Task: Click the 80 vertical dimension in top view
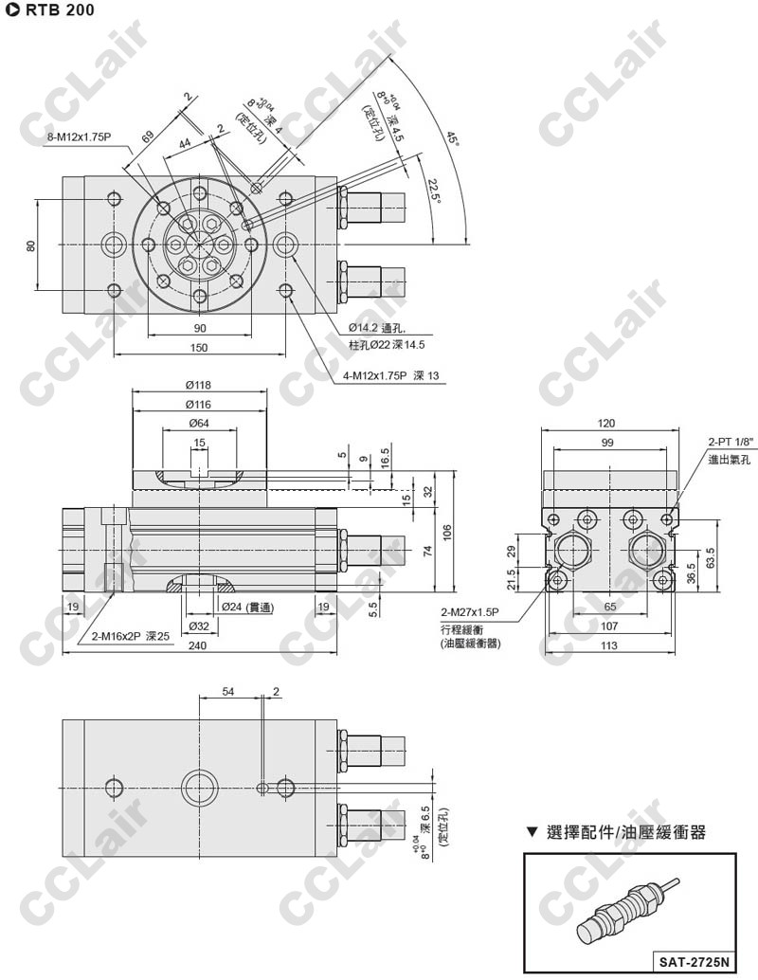pyautogui.click(x=31, y=245)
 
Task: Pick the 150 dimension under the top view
pyautogui.click(x=198, y=348)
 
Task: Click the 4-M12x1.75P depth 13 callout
pyautogui.click(x=391, y=375)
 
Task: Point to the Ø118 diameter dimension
pyautogui.click(x=199, y=386)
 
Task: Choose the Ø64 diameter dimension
pyautogui.click(x=199, y=422)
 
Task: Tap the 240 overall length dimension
pyautogui.click(x=198, y=646)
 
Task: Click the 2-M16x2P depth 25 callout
pyautogui.click(x=130, y=636)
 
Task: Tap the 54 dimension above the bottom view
pyautogui.click(x=228, y=692)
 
